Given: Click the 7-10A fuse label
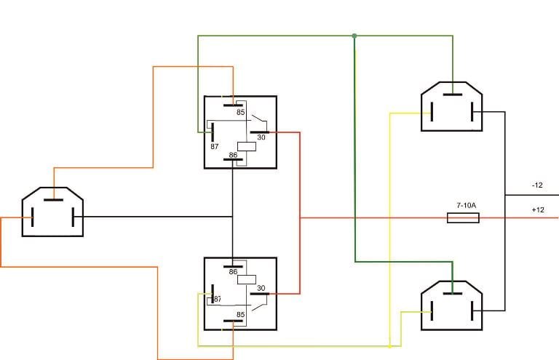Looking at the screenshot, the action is click(x=466, y=206).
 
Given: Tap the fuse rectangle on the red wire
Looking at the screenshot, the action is click(x=463, y=218).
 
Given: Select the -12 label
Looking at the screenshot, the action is click(x=537, y=185).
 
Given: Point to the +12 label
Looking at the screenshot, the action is click(x=538, y=209).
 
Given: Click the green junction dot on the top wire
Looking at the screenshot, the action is click(x=354, y=36).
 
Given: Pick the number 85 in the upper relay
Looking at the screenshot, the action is click(x=241, y=112).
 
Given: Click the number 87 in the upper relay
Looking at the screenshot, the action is click(x=214, y=146).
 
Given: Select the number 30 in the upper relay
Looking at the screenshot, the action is click(x=261, y=137).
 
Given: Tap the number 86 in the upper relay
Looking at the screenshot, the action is click(x=233, y=155).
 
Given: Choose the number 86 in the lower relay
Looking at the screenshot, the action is click(x=233, y=272).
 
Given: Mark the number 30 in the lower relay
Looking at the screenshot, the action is click(x=261, y=288).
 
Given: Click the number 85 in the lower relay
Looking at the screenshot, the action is click(x=241, y=315).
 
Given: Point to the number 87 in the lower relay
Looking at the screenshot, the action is click(x=217, y=299).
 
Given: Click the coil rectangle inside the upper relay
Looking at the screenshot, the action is click(x=247, y=146).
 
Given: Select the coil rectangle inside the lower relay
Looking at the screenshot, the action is click(x=247, y=279).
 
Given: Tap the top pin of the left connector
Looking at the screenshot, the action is click(x=53, y=200).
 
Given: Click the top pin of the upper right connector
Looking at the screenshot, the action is click(x=453, y=95).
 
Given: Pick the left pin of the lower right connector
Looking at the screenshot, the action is click(x=432, y=311).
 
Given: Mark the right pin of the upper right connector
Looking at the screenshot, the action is click(x=472, y=112).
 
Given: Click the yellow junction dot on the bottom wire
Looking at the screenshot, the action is click(x=389, y=346).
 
